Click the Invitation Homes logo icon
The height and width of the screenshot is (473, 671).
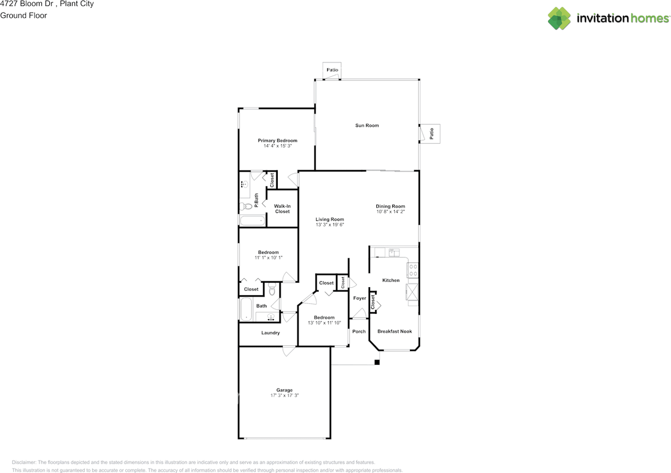(x=559, y=18)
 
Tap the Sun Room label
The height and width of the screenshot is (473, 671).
(x=367, y=125)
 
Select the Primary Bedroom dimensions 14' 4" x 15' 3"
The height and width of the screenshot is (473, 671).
(x=277, y=146)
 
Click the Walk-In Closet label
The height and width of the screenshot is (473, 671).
(x=282, y=209)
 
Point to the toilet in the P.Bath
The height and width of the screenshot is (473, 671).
(x=246, y=206)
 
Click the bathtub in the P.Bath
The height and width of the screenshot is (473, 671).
(x=252, y=220)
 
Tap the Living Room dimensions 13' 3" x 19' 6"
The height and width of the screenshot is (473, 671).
(x=330, y=225)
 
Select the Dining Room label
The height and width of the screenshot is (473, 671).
(x=391, y=206)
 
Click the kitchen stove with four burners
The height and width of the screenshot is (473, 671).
(x=413, y=270)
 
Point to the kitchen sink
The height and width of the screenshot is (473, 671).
(x=394, y=252)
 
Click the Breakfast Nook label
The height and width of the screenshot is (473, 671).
(x=395, y=331)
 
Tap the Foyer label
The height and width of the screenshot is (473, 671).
(x=360, y=298)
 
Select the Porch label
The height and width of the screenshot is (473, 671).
(x=359, y=331)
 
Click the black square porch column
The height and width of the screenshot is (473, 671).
(x=377, y=362)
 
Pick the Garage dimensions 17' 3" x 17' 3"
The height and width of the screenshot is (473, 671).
(x=284, y=395)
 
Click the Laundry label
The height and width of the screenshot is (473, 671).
(x=270, y=333)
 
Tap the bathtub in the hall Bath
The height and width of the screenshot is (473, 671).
(x=246, y=309)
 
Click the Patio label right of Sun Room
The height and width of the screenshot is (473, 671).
(x=431, y=134)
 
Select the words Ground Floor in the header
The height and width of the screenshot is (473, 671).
(x=24, y=16)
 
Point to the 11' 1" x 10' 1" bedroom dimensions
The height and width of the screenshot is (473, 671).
(x=268, y=258)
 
